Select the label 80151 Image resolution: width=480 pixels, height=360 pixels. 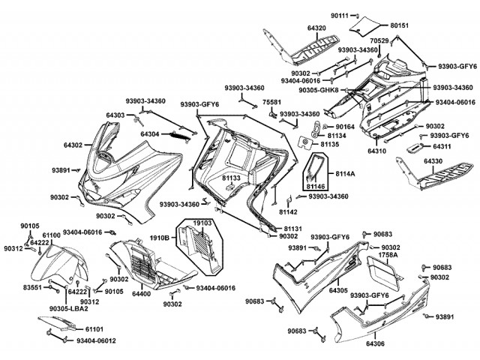coord(400,25)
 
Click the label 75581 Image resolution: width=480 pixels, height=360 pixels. coord(272,102)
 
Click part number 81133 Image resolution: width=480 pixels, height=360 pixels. coord(231,178)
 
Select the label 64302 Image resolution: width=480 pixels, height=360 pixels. coord(73,144)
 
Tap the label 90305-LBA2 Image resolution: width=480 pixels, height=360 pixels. coord(71,307)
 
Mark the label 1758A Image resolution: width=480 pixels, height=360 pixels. coord(388,255)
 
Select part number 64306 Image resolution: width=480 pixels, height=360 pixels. coord(376,343)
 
